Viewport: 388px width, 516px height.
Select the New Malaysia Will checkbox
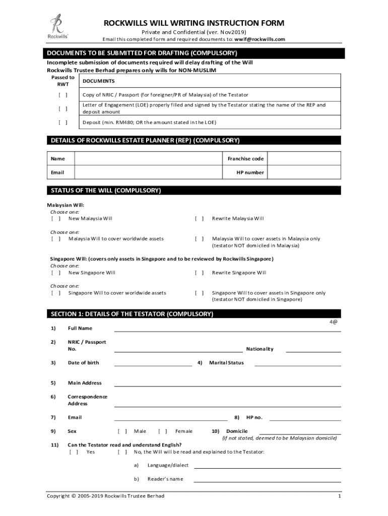(x=56, y=219)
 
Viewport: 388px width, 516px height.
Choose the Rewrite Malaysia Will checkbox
(x=200, y=219)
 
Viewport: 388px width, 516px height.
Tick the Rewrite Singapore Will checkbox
(x=200, y=273)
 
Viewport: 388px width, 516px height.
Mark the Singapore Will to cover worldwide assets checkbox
(x=56, y=293)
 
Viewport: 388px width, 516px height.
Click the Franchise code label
(x=245, y=159)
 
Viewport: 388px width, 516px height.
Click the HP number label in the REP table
(x=250, y=172)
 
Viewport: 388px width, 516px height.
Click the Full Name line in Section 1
(x=227, y=329)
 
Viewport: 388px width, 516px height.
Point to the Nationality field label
(x=260, y=349)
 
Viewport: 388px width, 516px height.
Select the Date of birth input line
(x=153, y=362)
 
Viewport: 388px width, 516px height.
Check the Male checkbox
(x=122, y=431)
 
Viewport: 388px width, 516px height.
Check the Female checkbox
(x=163, y=431)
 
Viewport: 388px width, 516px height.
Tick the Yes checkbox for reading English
(x=74, y=452)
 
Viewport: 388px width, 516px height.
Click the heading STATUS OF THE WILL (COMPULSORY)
(x=106, y=190)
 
